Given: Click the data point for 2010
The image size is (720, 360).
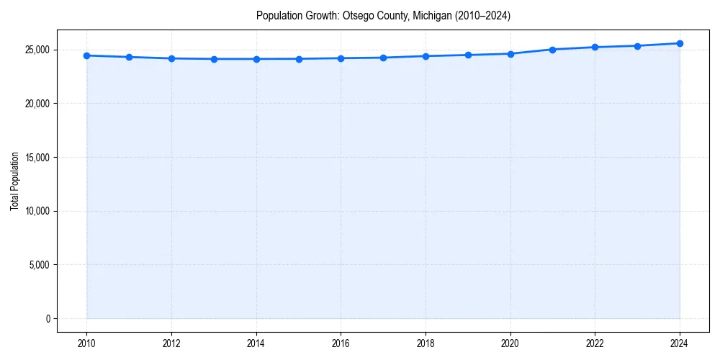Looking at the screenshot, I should point(86,55).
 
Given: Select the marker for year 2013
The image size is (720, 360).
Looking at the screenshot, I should point(214,59).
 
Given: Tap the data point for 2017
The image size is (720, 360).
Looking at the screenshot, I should point(383,58).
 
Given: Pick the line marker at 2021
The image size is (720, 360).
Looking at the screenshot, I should point(552,50).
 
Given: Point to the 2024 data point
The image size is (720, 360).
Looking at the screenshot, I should point(680,43).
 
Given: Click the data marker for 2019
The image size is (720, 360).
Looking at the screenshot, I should point(468,55).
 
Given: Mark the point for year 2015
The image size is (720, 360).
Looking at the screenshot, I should point(299,59).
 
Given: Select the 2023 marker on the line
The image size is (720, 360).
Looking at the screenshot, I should point(637,46).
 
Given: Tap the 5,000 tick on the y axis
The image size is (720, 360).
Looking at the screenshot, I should point(40,265).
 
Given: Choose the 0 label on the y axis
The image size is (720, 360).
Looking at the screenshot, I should point(48,319).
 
